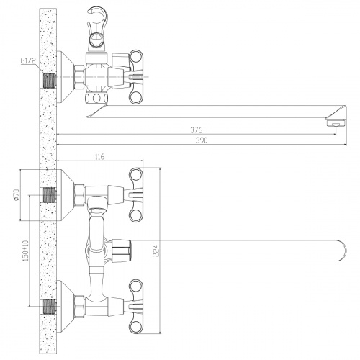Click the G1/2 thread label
(x=28, y=60)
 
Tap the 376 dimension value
(x=197, y=130)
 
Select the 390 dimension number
(x=202, y=140)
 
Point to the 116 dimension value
(x=100, y=157)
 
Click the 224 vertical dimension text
(x=156, y=251)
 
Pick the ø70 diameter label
(x=17, y=194)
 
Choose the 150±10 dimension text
(x=26, y=251)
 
